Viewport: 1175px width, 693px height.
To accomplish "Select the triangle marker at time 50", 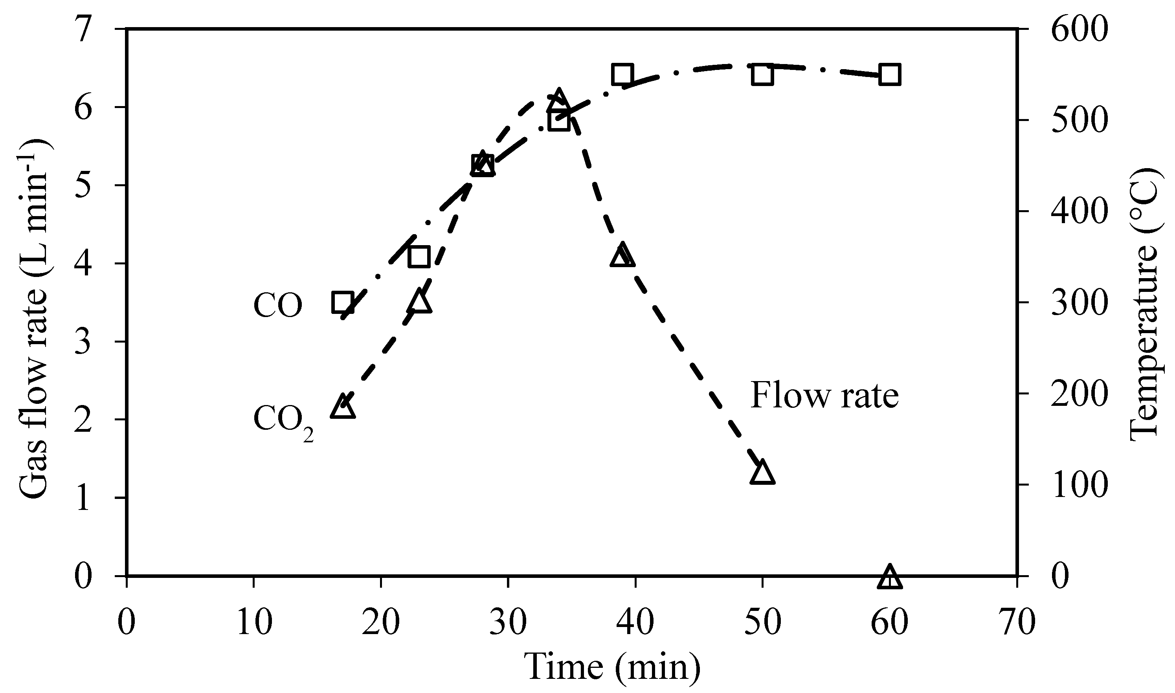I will pos(762,473).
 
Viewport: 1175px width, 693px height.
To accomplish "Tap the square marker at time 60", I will pos(889,75).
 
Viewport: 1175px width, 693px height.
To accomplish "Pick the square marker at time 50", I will pos(762,75).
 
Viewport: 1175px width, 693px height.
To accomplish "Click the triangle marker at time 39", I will pos(622,255).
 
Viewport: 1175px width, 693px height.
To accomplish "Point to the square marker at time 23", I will pos(419,257).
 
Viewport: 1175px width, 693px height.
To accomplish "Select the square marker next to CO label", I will pos(343,302).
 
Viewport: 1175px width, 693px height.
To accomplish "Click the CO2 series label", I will pos(283,420).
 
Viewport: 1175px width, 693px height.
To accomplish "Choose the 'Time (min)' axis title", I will pos(613,667).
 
